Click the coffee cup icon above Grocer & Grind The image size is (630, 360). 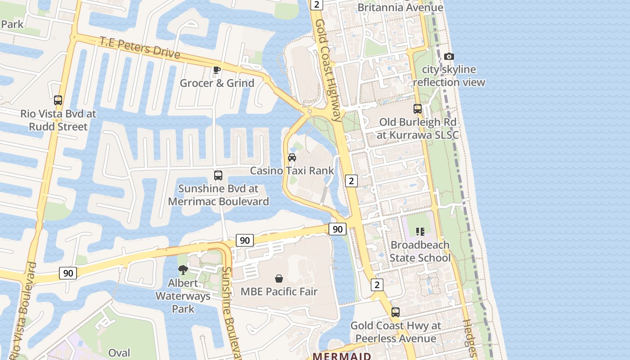[216, 70]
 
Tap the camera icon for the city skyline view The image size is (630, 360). [449, 56]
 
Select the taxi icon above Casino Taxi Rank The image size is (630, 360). [292, 157]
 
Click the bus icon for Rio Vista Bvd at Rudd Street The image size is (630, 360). [58, 100]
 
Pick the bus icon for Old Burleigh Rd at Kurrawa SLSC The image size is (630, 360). [418, 109]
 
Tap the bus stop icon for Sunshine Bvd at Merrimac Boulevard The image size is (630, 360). [218, 175]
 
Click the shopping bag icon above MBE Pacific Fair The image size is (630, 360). [279, 279]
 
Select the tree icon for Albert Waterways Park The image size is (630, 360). [183, 270]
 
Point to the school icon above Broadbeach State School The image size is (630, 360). [420, 232]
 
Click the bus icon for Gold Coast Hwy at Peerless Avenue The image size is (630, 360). [396, 312]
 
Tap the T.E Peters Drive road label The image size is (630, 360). [139, 48]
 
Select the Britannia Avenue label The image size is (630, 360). [400, 8]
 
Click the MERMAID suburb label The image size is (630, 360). [342, 356]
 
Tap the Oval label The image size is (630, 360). [119, 353]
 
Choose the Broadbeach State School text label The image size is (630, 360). [420, 251]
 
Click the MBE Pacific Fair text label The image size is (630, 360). [279, 292]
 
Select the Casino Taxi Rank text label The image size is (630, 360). [292, 171]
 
